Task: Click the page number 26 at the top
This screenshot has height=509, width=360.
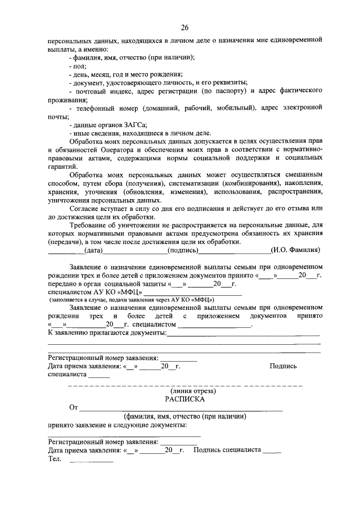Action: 184,28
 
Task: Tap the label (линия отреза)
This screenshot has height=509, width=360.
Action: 185,390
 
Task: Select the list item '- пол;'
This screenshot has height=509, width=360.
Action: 73,66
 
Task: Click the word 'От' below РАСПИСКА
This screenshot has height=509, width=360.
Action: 73,407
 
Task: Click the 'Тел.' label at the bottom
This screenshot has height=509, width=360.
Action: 55,459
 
